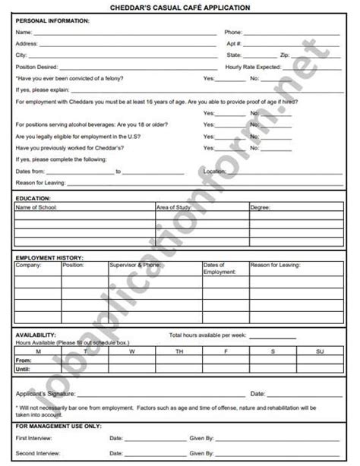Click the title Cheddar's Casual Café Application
pyautogui.click(x=179, y=7)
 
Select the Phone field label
pyautogui.click(x=233, y=33)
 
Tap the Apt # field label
pyautogui.click(x=233, y=44)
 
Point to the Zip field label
pyautogui.click(x=285, y=55)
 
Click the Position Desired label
pyautogui.click(x=37, y=67)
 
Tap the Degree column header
pyautogui.click(x=261, y=206)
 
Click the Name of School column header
pyautogui.click(x=37, y=206)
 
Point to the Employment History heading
pyautogui.click(x=49, y=258)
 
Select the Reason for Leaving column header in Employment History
pyautogui.click(x=275, y=266)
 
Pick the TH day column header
pyautogui.click(x=179, y=351)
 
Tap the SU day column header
pyautogui.click(x=319, y=351)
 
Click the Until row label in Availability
pyautogui.click(x=23, y=369)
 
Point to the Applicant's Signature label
pyautogui.click(x=43, y=394)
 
